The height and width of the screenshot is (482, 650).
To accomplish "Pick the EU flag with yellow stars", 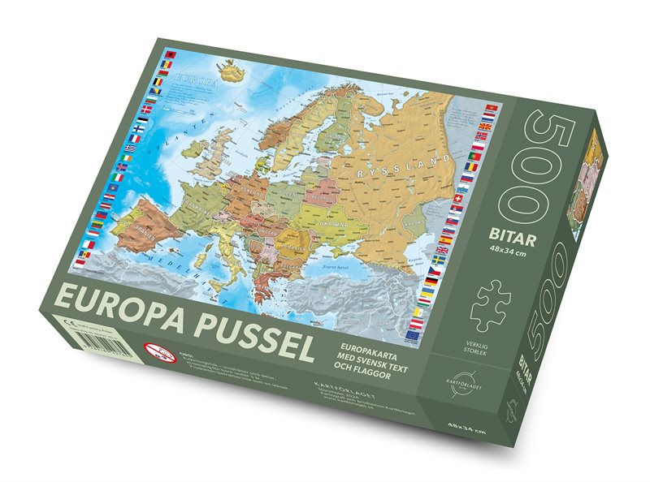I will (x=414, y=332).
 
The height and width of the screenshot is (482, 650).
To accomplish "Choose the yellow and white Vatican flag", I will (x=419, y=312).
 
